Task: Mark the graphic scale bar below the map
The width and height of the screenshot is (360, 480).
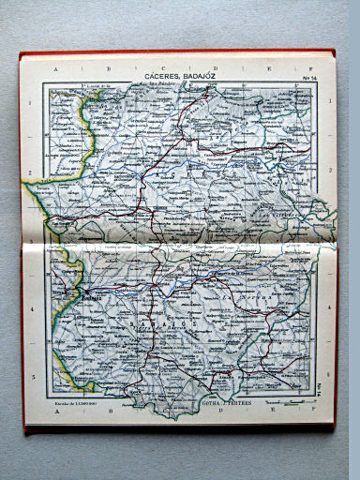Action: (x=298, y=401)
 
